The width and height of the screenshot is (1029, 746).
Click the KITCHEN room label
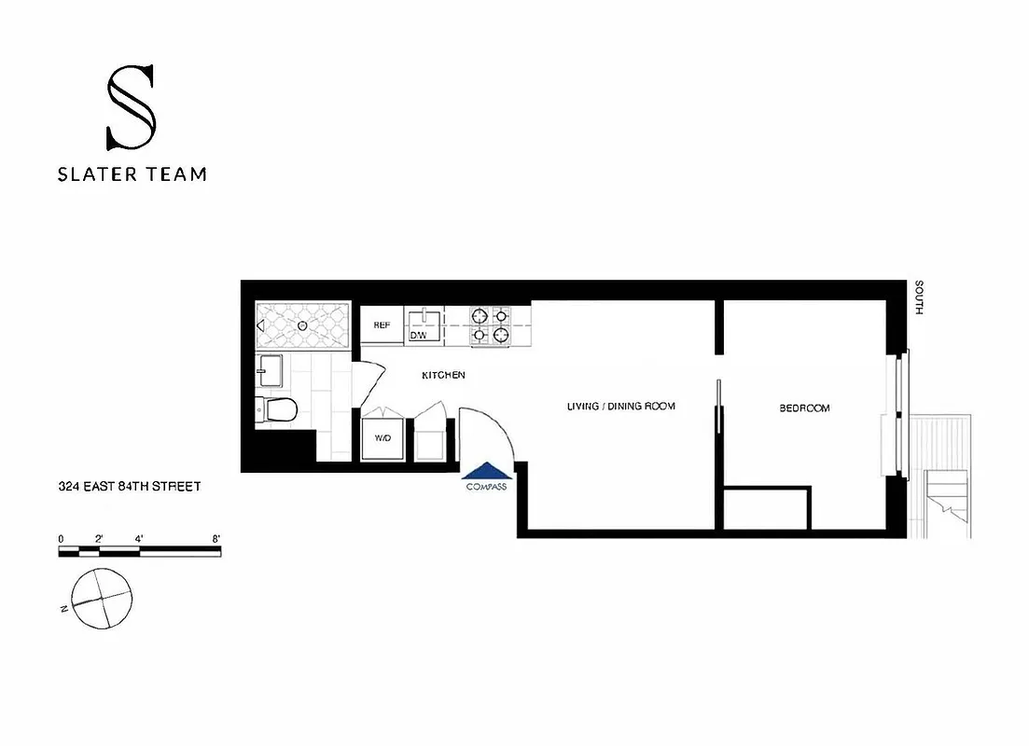click(443, 375)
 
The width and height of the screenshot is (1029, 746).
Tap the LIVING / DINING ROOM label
click(620, 407)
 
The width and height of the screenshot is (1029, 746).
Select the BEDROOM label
click(804, 408)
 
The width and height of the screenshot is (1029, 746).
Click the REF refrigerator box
click(382, 325)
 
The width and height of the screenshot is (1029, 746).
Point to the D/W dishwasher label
click(419, 334)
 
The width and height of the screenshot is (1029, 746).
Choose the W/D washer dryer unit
click(383, 436)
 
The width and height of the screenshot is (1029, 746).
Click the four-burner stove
click(490, 325)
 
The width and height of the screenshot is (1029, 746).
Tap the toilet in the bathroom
click(277, 408)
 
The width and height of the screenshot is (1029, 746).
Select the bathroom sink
click(271, 370)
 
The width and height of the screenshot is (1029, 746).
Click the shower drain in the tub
click(304, 325)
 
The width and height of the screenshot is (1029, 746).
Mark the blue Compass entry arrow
click(486, 471)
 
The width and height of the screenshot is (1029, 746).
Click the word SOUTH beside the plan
click(919, 297)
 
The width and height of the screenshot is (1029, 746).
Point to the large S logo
click(131, 107)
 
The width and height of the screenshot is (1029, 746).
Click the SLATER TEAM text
click(132, 173)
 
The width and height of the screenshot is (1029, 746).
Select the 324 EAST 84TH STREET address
click(130, 486)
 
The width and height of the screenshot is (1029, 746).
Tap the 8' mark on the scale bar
click(216, 538)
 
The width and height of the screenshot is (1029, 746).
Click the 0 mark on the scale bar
click(61, 538)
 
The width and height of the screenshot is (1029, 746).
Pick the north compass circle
click(101, 598)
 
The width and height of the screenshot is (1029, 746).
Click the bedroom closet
click(766, 507)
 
